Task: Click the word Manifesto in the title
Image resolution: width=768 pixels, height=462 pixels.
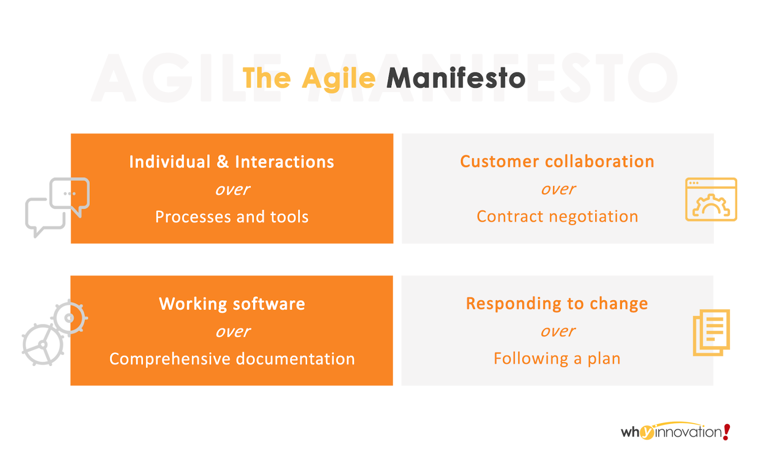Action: pyautogui.click(x=456, y=78)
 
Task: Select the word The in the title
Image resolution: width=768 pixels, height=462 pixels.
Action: pyautogui.click(x=267, y=78)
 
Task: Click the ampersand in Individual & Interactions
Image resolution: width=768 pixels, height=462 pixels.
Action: pyautogui.click(x=223, y=161)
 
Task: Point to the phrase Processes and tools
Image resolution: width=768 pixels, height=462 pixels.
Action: pyautogui.click(x=232, y=217)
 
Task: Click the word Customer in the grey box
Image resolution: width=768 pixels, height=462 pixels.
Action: pyautogui.click(x=500, y=161)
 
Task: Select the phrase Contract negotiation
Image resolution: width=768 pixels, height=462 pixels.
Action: pyautogui.click(x=557, y=216)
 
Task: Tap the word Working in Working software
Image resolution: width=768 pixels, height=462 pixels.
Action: pyautogui.click(x=193, y=304)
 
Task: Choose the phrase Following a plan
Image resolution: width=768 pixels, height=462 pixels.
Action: pyautogui.click(x=557, y=359)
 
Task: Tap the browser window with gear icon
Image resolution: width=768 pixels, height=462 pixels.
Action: pyautogui.click(x=711, y=200)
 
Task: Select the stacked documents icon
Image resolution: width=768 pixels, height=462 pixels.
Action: pyautogui.click(x=711, y=333)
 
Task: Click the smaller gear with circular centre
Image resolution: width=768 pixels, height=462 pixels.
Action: pyautogui.click(x=69, y=318)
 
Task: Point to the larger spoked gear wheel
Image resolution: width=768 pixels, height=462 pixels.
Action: pyautogui.click(x=43, y=344)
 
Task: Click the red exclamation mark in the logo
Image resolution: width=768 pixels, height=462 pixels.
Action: pyautogui.click(x=726, y=432)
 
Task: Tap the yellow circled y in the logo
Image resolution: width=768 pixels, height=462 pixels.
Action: pyautogui.click(x=647, y=433)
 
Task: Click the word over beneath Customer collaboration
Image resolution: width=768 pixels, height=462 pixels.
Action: pyautogui.click(x=558, y=189)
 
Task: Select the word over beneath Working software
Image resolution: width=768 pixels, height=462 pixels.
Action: pyautogui.click(x=233, y=332)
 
